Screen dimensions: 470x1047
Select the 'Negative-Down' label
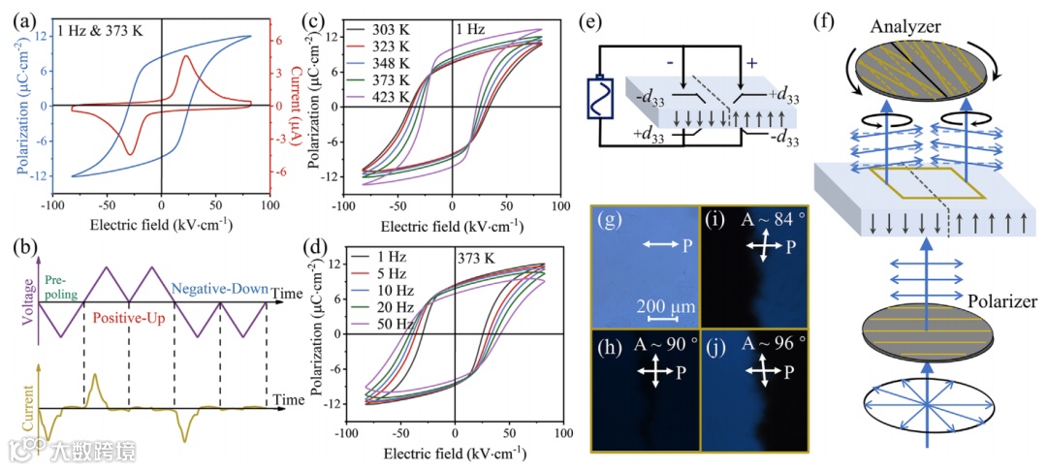pos(224,288)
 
